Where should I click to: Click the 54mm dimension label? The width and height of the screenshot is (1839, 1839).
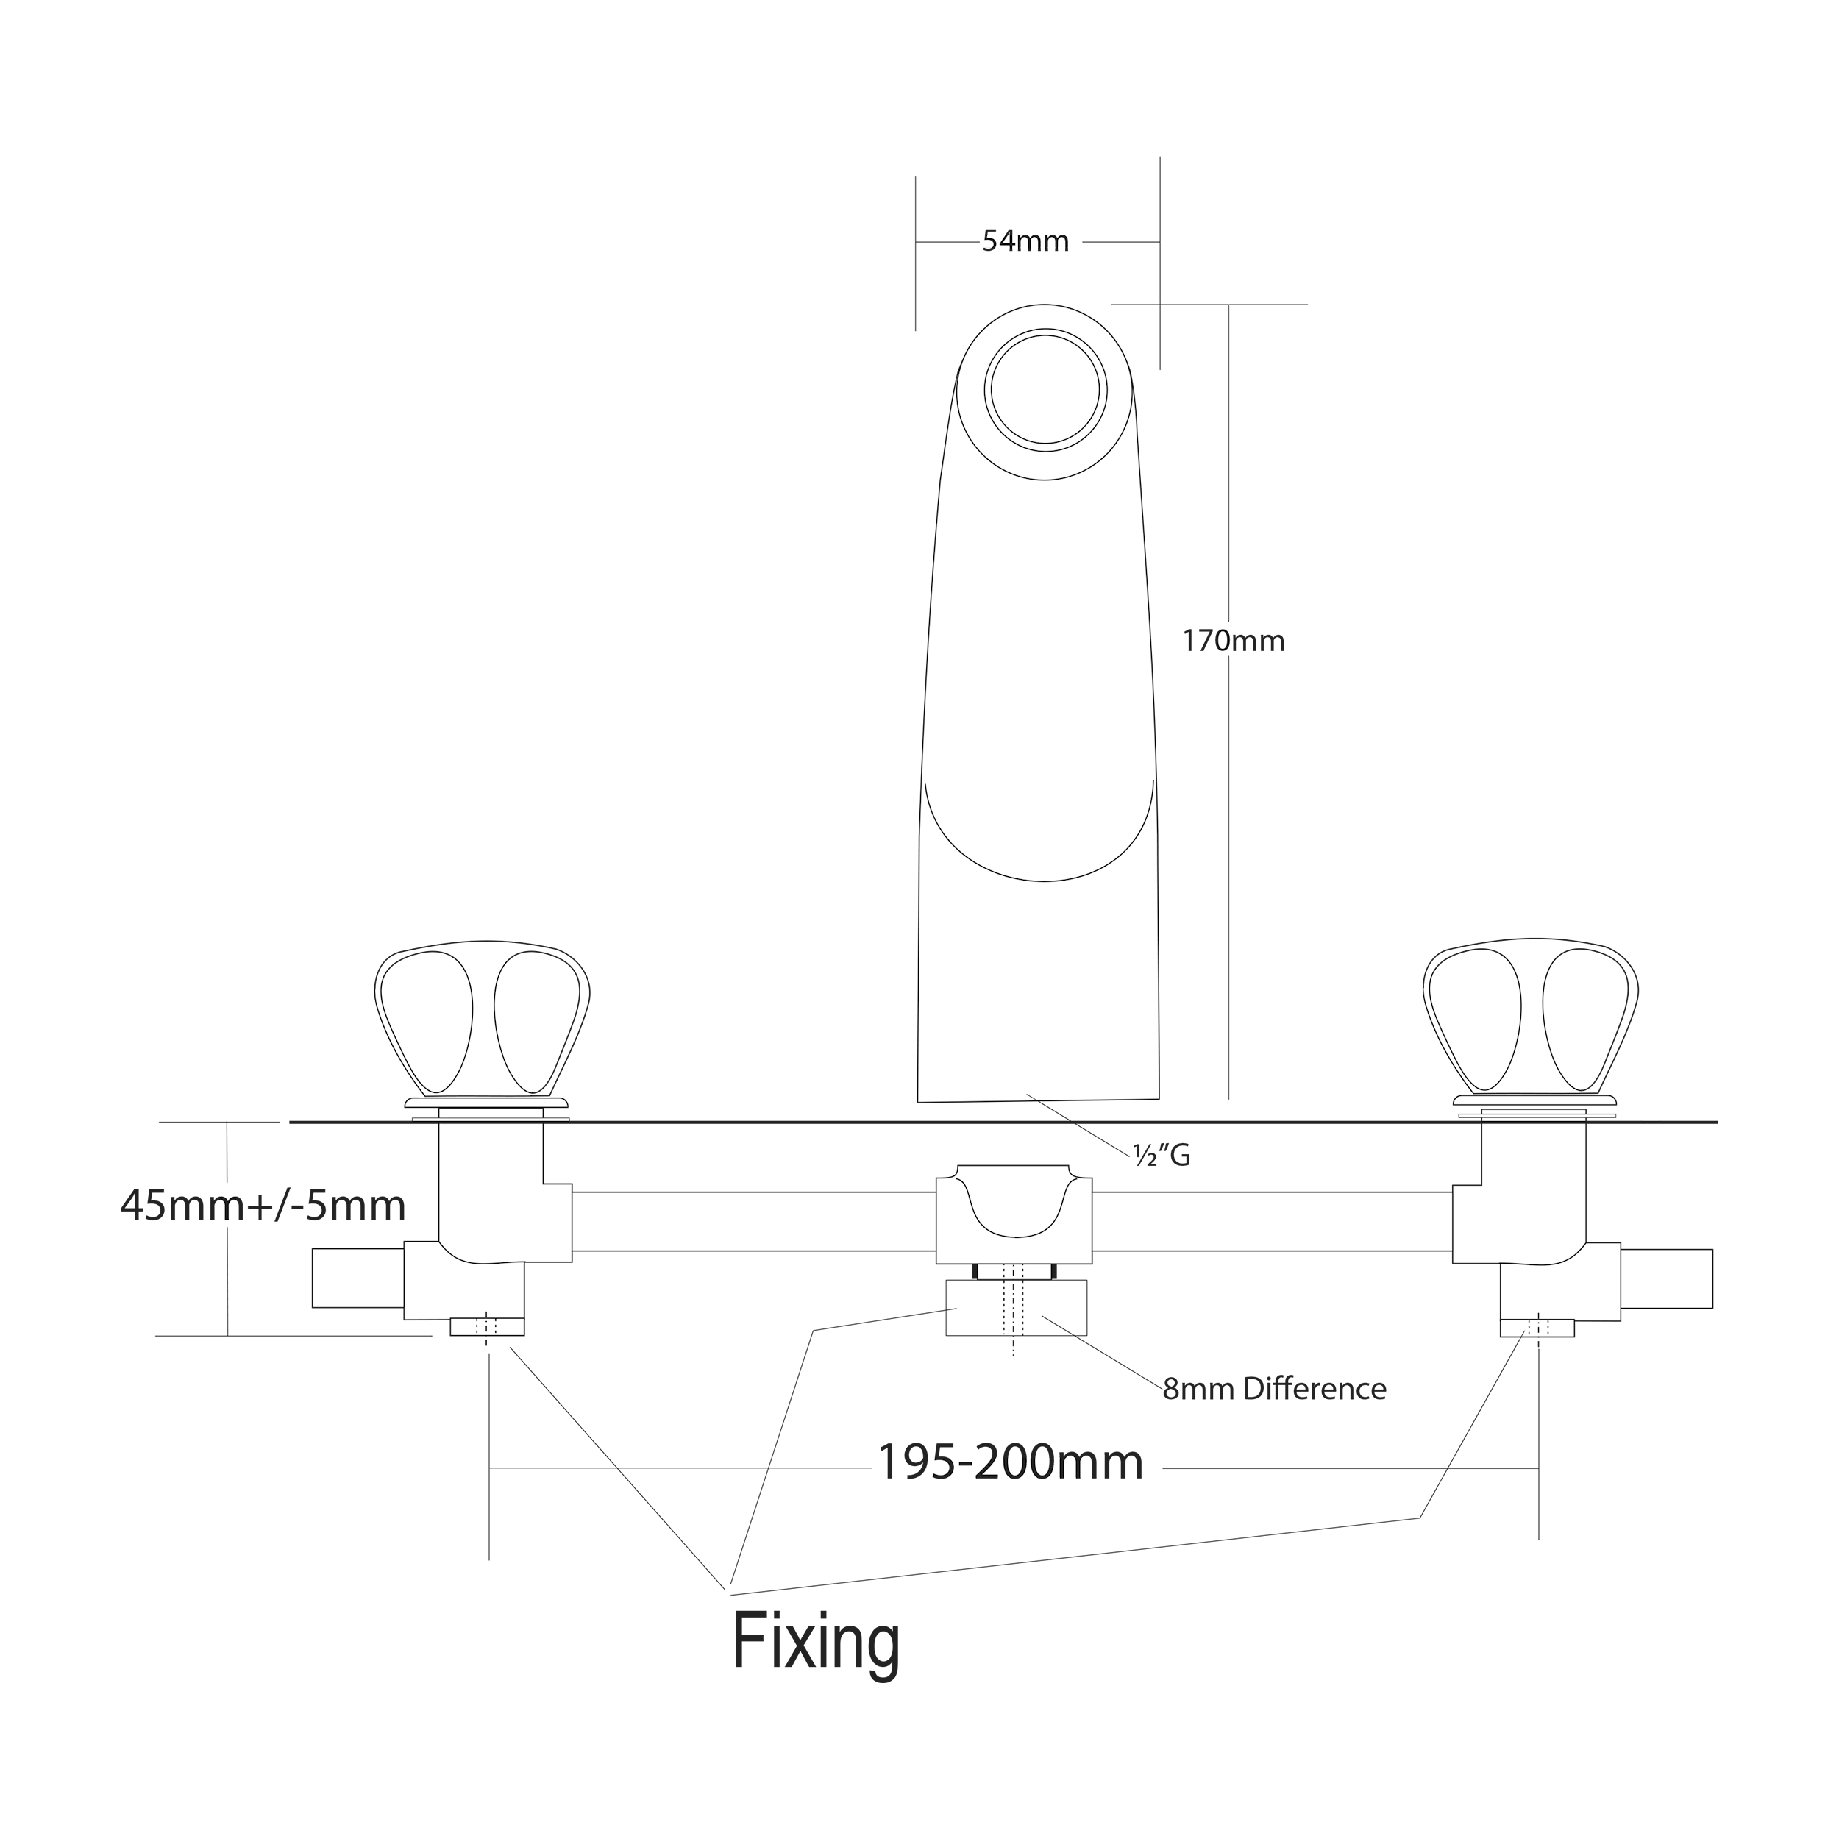pyautogui.click(x=1025, y=242)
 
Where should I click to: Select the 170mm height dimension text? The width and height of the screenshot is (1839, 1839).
pyautogui.click(x=1233, y=641)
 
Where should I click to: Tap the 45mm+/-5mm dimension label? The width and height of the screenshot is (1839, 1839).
pyautogui.click(x=263, y=1206)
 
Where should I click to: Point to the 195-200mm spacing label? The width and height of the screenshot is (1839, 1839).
pyautogui.click(x=1009, y=1463)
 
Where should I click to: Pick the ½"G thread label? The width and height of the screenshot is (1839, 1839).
pyautogui.click(x=1162, y=1155)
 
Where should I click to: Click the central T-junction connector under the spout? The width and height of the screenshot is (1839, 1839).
pyautogui.click(x=1014, y=1214)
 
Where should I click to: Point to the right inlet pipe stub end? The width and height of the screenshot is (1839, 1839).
pyautogui.click(x=1667, y=1278)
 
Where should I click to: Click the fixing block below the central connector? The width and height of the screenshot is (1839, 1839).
pyautogui.click(x=1016, y=1308)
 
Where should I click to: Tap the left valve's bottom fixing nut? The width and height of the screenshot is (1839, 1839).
pyautogui.click(x=486, y=1327)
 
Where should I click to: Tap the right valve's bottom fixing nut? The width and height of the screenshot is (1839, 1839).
pyautogui.click(x=1537, y=1327)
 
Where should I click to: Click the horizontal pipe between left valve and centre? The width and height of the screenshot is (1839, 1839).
pyautogui.click(x=752, y=1220)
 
